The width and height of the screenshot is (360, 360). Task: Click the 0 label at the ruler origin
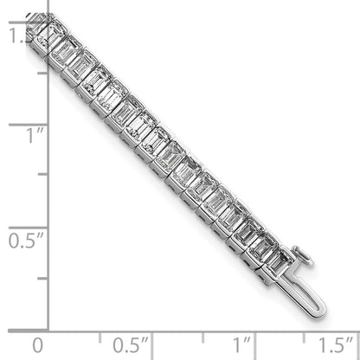tap(35, 345)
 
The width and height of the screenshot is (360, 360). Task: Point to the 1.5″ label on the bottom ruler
tap(332, 345)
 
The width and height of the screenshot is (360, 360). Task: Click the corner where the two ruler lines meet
tap(48, 330)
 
